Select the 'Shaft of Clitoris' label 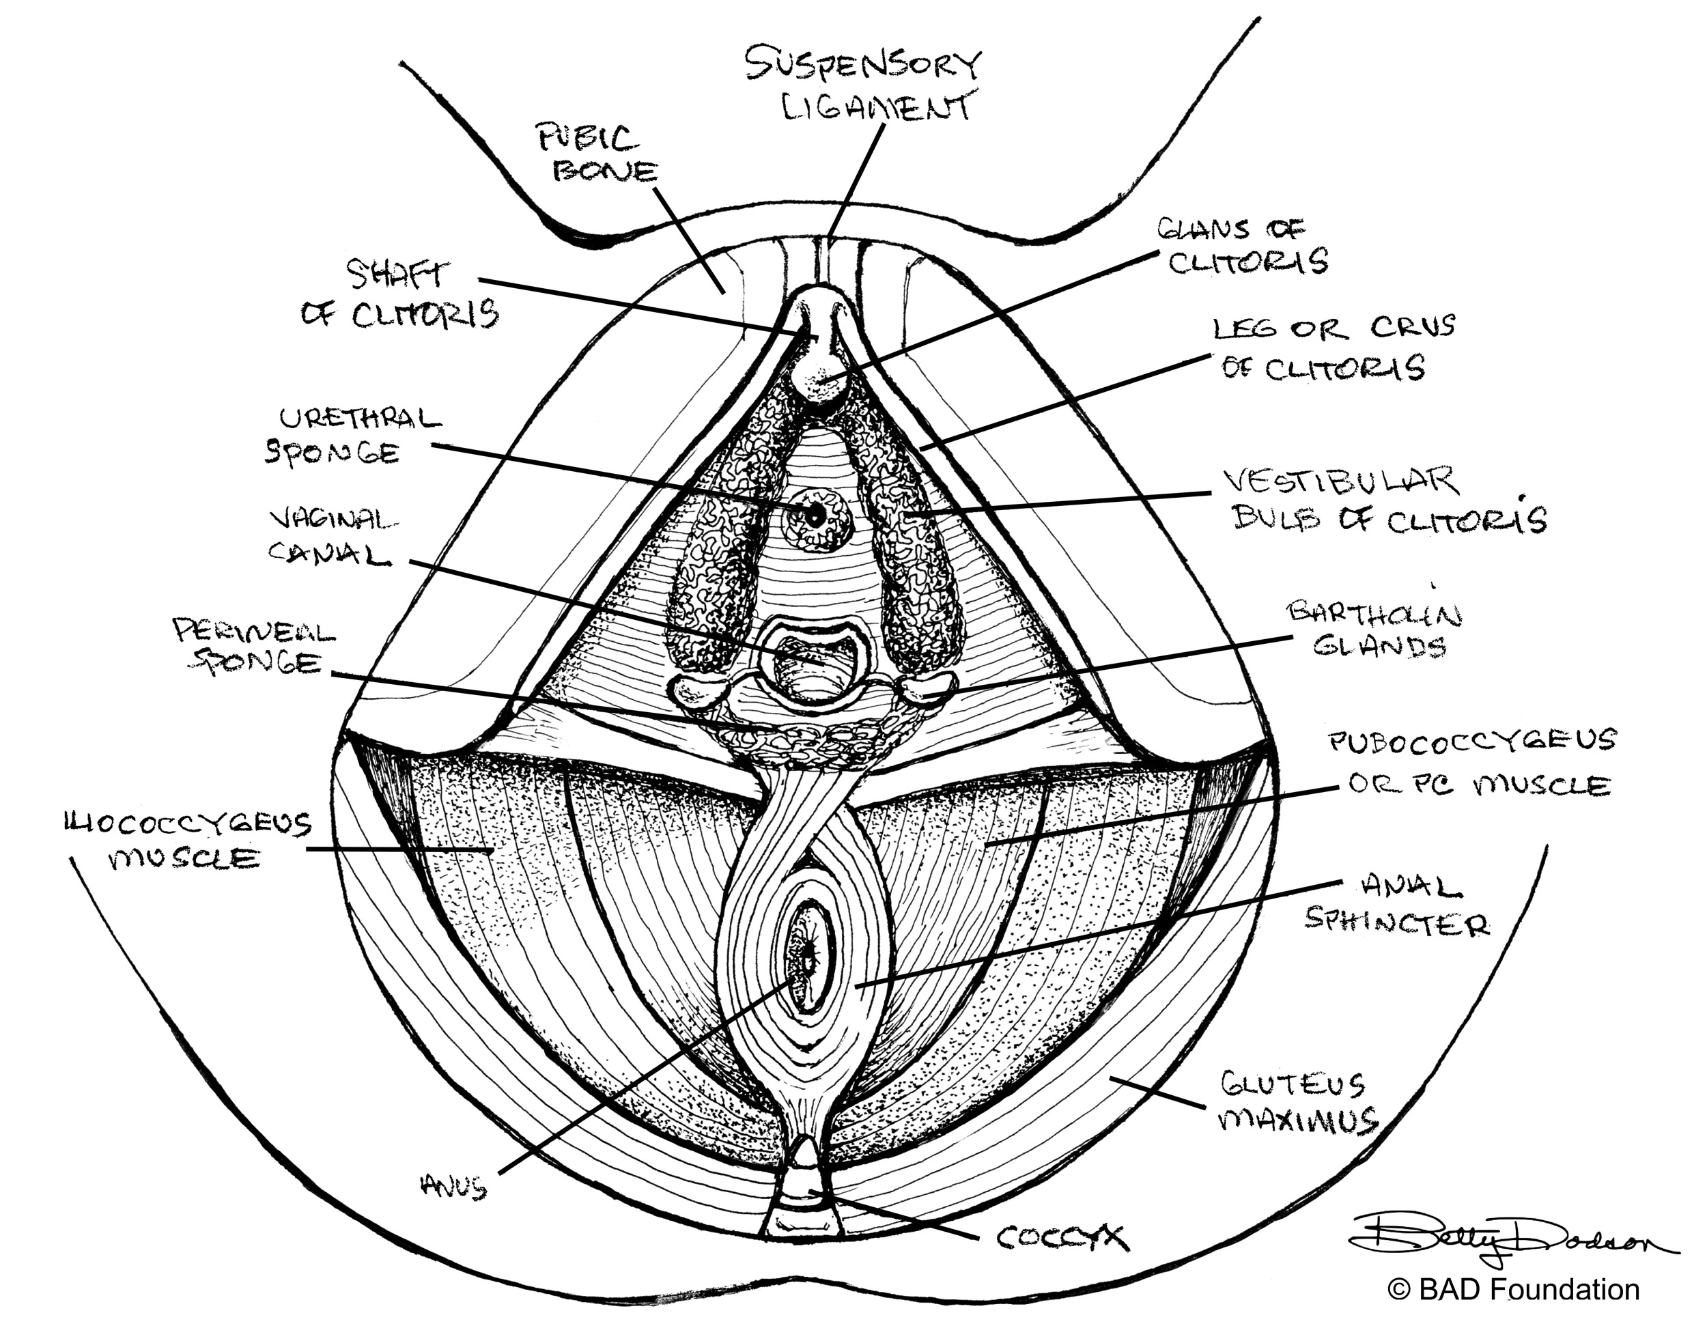coord(400,296)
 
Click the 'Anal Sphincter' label coord(1398,907)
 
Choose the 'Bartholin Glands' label coord(1374,630)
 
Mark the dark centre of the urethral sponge coord(815,516)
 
